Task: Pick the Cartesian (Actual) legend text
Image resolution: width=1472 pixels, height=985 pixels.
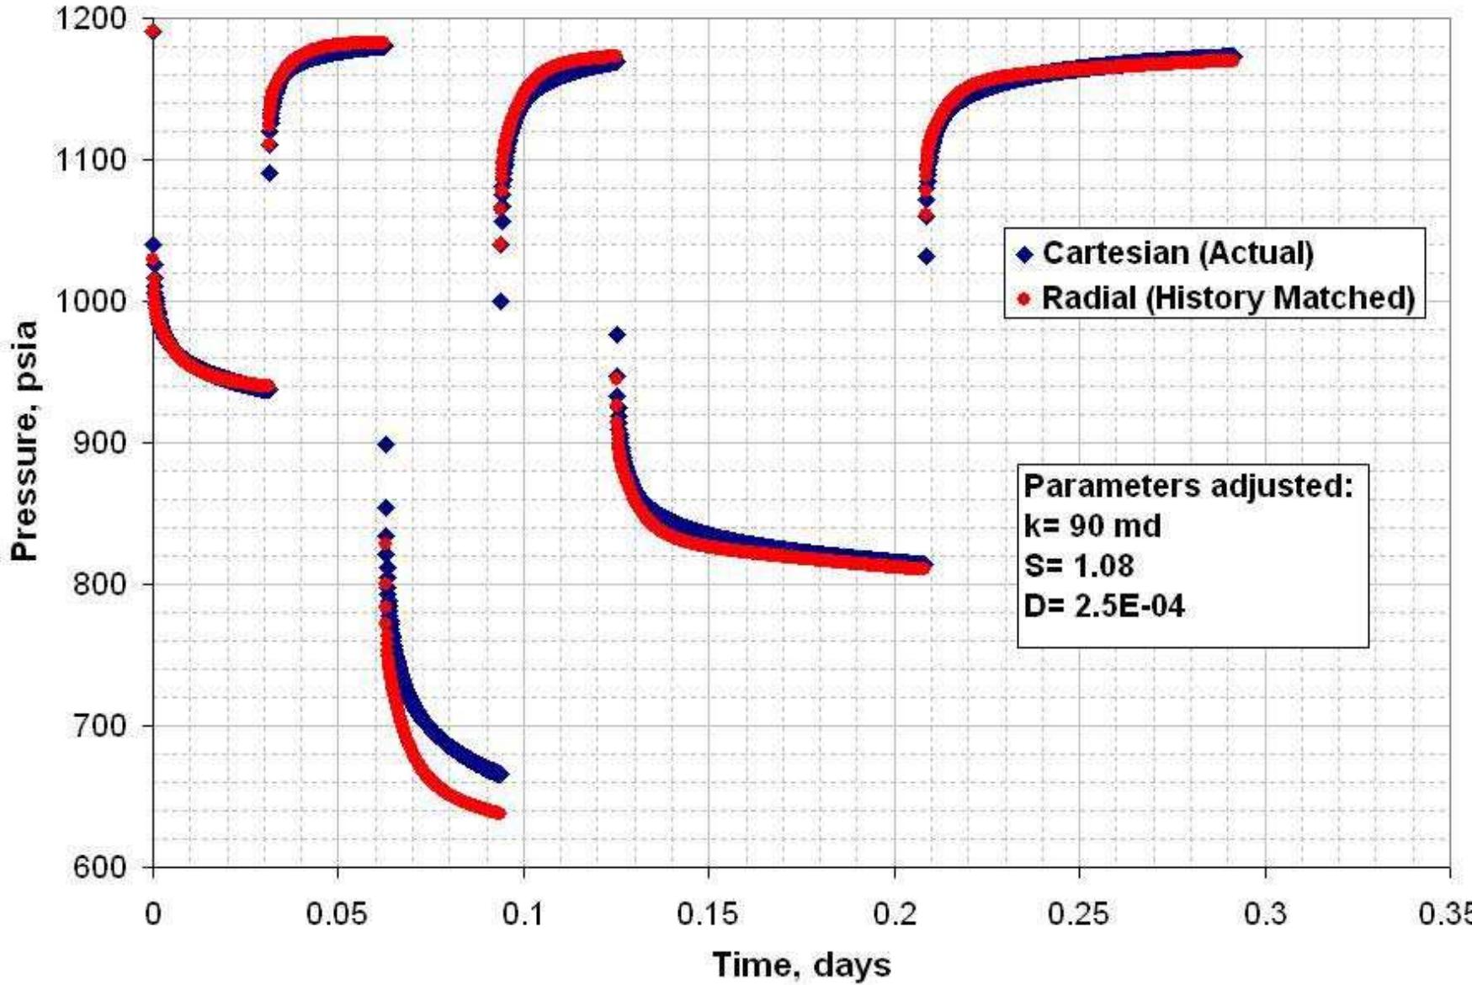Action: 1177,253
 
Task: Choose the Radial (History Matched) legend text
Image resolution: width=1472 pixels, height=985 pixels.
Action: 1228,297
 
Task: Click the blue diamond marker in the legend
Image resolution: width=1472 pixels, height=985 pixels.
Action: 1024,253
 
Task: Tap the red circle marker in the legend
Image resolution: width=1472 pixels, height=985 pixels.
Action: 1024,298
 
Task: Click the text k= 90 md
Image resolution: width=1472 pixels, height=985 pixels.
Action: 1092,526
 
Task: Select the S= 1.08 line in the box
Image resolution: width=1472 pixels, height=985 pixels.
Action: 1079,566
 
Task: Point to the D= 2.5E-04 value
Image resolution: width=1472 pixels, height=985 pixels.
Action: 1104,606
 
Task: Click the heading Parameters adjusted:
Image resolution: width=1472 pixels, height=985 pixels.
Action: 1188,486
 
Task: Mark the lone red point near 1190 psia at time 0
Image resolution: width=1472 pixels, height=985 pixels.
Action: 152,32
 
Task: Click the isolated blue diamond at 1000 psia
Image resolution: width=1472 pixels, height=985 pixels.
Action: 501,301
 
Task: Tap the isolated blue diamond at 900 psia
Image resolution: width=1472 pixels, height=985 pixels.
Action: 385,445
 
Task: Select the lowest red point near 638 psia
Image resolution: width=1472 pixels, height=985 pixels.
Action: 497,812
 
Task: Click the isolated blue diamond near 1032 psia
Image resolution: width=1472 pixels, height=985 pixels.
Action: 926,257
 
